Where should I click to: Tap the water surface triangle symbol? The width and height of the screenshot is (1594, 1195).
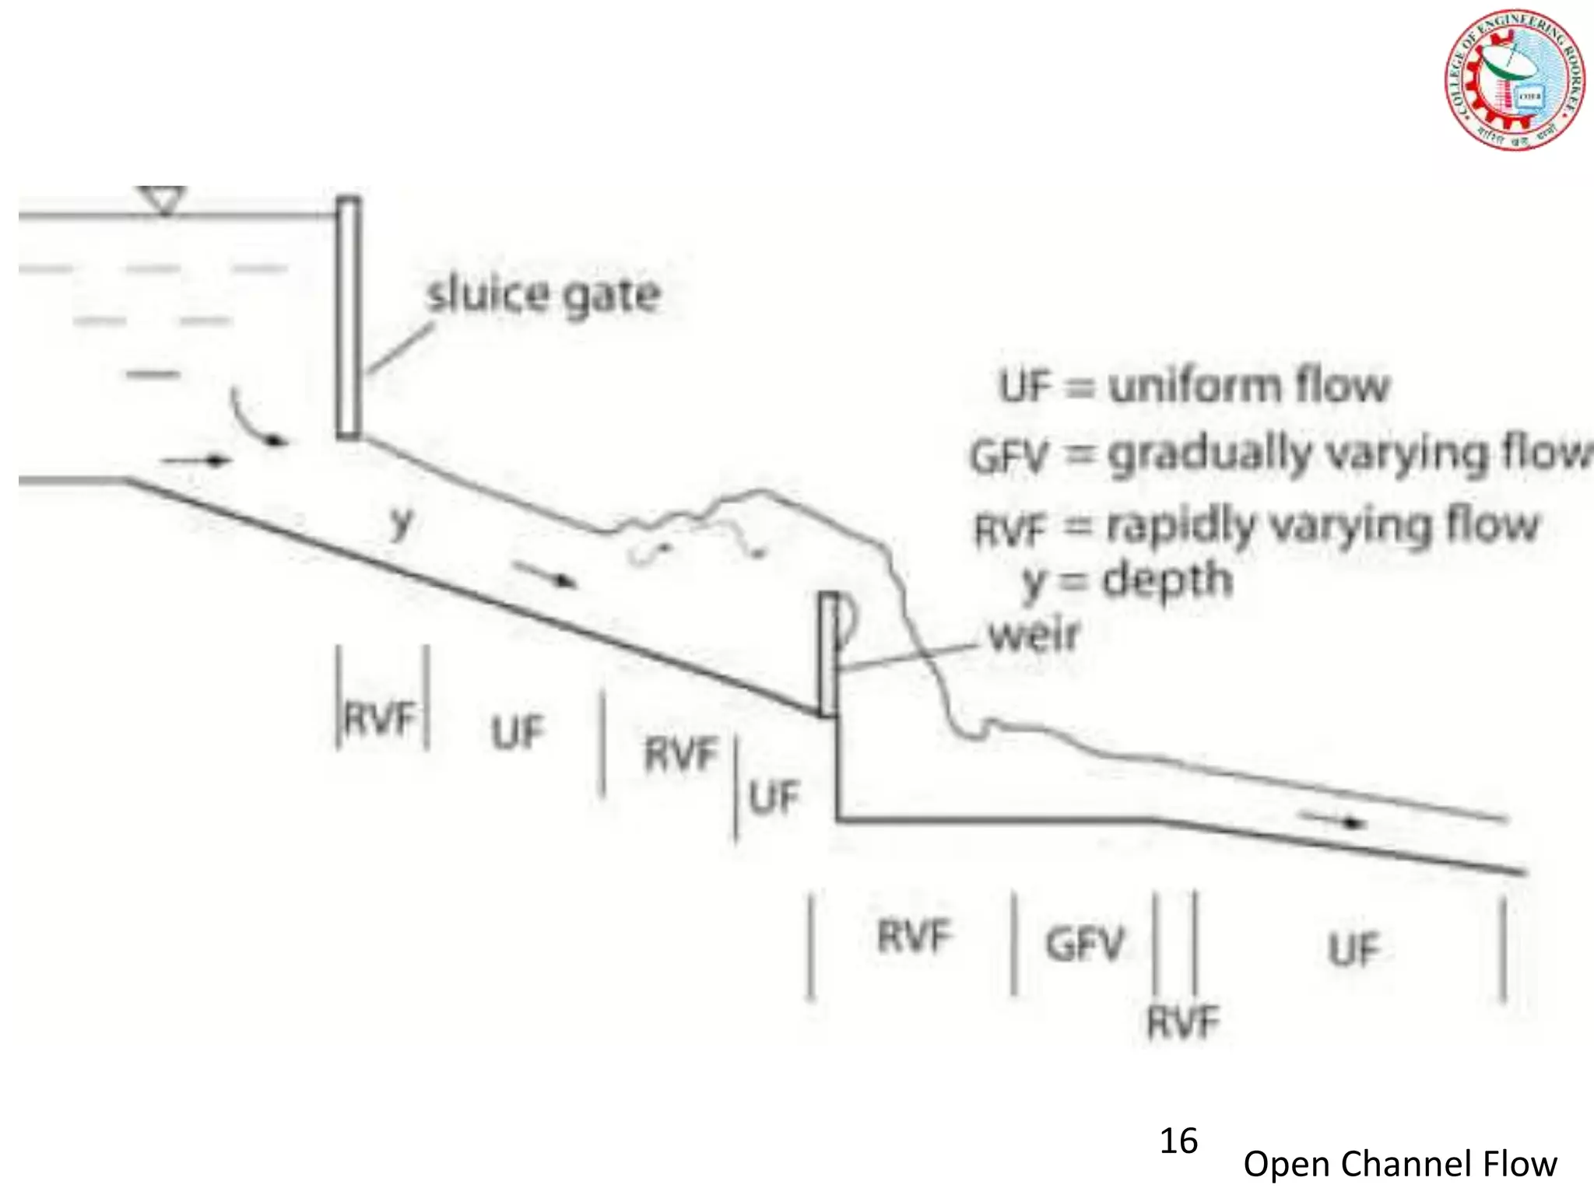(163, 199)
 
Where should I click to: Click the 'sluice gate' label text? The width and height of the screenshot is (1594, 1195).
(543, 296)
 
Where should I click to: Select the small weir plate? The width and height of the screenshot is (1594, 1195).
(828, 654)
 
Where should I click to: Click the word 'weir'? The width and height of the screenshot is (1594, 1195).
(1034, 635)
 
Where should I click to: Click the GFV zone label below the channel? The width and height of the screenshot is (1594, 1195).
(1085, 944)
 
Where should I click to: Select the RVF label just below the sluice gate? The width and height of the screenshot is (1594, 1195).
(381, 717)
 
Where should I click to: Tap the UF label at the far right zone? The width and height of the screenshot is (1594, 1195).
(1353, 949)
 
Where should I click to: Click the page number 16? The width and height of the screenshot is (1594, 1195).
(1178, 1141)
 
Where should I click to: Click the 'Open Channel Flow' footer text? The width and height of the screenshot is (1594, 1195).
(1399, 1164)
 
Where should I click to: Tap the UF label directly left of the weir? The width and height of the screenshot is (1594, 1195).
(774, 797)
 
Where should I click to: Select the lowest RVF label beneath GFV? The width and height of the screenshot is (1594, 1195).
(1183, 1022)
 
